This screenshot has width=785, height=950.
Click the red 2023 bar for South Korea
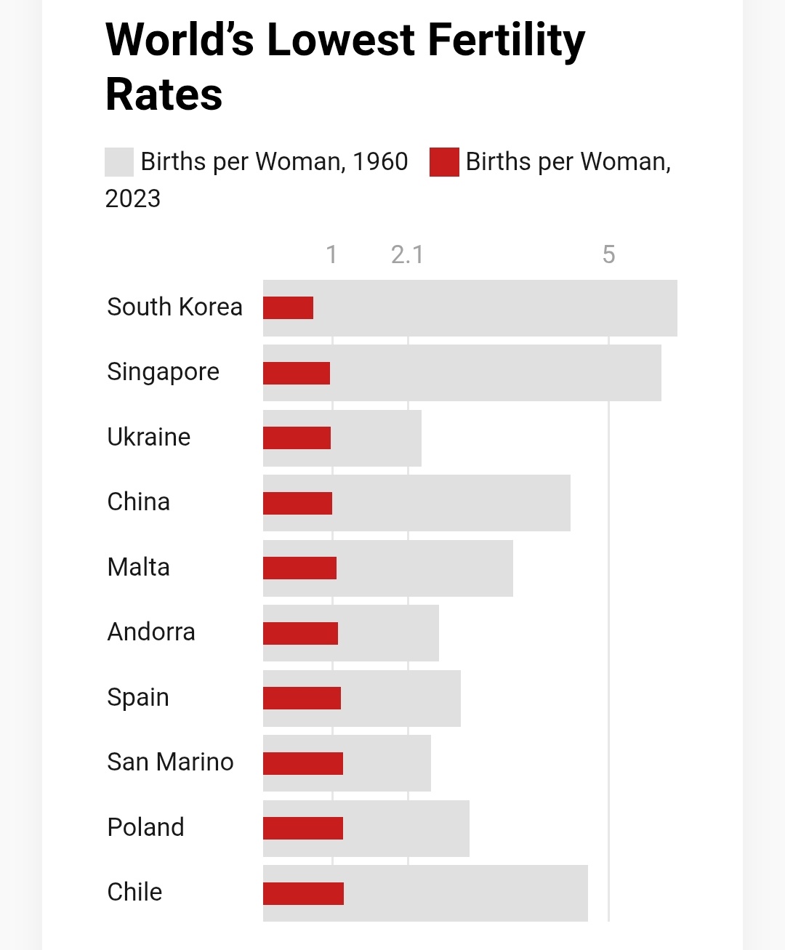288,307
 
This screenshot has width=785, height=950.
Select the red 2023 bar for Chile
303,893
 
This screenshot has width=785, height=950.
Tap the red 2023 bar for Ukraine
297,438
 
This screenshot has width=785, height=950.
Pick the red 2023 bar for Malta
299,568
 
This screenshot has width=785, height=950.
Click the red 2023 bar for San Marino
302,763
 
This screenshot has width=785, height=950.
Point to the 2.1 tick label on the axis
407,254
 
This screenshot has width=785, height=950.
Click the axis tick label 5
609,254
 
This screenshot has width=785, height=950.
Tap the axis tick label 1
331,254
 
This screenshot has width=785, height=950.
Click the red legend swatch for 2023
444,162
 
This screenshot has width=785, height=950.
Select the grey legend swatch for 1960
119,162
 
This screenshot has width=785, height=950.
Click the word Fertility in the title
506,40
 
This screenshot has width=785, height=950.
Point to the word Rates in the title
164,94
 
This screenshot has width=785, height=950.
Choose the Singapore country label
163,372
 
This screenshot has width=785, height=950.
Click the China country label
138,502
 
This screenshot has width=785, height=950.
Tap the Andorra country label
151,632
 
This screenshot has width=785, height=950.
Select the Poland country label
145,827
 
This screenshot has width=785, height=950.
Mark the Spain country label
138,697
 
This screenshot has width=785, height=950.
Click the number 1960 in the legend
380,161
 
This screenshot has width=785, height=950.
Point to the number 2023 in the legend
133,198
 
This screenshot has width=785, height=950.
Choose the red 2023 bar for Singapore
297,373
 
